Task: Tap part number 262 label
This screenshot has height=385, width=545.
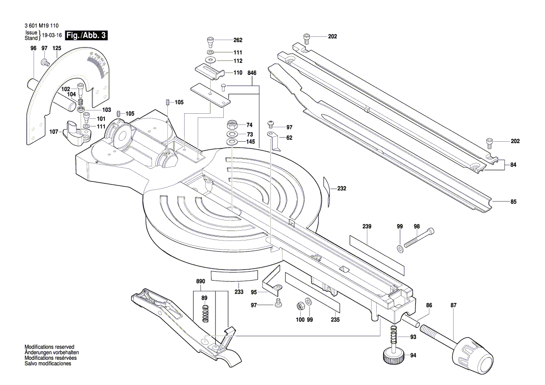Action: (238, 40)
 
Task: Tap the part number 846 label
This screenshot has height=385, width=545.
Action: (252, 73)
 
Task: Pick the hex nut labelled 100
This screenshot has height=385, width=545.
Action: (300, 306)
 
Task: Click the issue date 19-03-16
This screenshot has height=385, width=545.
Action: (52, 35)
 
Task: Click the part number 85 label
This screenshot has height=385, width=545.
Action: (513, 202)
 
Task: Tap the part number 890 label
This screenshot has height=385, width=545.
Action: (201, 282)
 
